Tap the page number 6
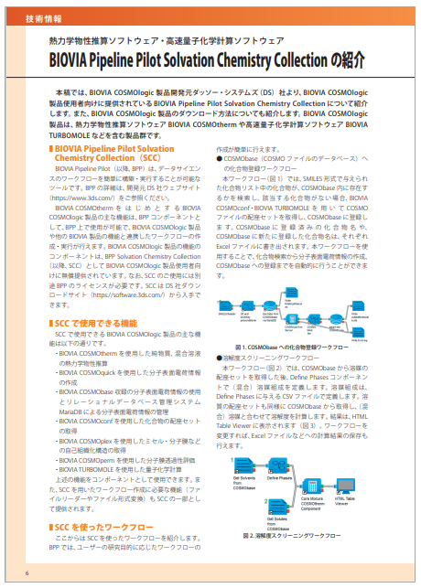click(27, 572)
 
